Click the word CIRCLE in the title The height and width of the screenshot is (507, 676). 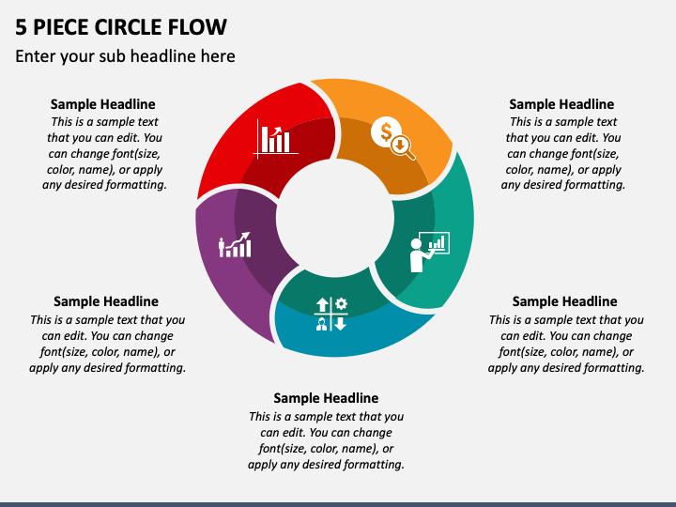[128, 27]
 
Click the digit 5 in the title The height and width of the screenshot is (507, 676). [21, 27]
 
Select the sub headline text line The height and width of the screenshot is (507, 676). [125, 56]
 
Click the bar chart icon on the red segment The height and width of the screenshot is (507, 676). [275, 139]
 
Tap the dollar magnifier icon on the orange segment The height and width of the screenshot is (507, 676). [393, 138]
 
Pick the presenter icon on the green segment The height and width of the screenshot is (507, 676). [429, 252]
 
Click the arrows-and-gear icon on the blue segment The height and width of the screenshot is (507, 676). [330, 314]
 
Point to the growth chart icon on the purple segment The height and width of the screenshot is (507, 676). [235, 245]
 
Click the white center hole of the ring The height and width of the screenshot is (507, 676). [335, 218]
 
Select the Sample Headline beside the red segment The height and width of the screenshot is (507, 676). [102, 104]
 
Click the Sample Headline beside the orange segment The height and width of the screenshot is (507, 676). [561, 104]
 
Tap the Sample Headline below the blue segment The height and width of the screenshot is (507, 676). [326, 398]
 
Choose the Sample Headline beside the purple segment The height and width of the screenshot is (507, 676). [106, 301]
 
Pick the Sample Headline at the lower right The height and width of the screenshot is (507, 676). [565, 301]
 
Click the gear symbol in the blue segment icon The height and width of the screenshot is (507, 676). [341, 303]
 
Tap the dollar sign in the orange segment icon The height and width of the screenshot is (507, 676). [386, 131]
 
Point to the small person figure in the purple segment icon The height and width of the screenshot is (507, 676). [222, 247]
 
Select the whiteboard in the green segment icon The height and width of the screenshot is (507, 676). [435, 243]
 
